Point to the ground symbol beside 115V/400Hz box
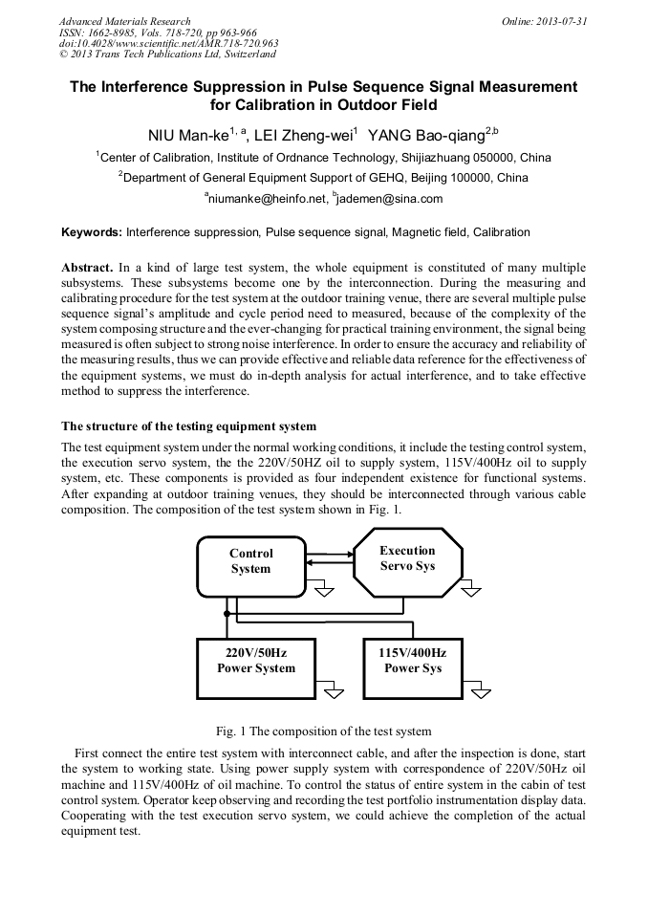pos(477,690)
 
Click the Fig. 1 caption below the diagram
pos(323,731)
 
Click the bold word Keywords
pos(91,232)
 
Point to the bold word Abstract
pos(88,267)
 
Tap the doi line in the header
pos(168,43)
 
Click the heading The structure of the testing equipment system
pos(188,426)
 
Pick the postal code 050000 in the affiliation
pos(490,158)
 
